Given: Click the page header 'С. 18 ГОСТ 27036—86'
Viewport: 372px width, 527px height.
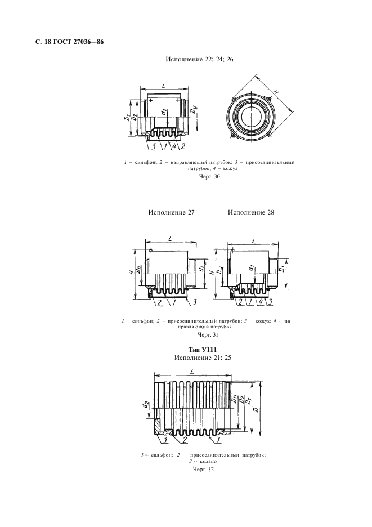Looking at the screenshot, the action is (69, 42).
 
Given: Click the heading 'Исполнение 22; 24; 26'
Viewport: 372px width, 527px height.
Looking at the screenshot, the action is (200, 60).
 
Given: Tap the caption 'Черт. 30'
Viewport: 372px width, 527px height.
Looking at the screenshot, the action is (208, 176).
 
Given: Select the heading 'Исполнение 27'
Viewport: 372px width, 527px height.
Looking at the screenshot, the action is (172, 212).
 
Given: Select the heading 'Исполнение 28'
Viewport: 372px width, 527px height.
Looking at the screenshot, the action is (251, 212).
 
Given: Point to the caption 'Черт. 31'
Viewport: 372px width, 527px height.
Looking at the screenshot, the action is (208, 335).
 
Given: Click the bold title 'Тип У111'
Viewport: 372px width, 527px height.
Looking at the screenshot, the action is (202, 350).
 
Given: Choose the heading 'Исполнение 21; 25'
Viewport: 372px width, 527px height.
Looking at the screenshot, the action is (203, 358).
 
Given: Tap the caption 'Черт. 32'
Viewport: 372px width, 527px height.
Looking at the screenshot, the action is (204, 469).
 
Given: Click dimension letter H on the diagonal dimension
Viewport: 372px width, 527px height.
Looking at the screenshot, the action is (276, 91).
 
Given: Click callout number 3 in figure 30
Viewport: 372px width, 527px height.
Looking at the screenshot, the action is (153, 146).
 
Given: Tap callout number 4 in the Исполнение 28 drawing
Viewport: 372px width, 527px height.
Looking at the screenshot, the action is (262, 302).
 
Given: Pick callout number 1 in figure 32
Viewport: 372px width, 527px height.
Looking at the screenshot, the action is (219, 439).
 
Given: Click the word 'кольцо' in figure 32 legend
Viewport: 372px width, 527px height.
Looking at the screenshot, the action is (205, 462).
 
